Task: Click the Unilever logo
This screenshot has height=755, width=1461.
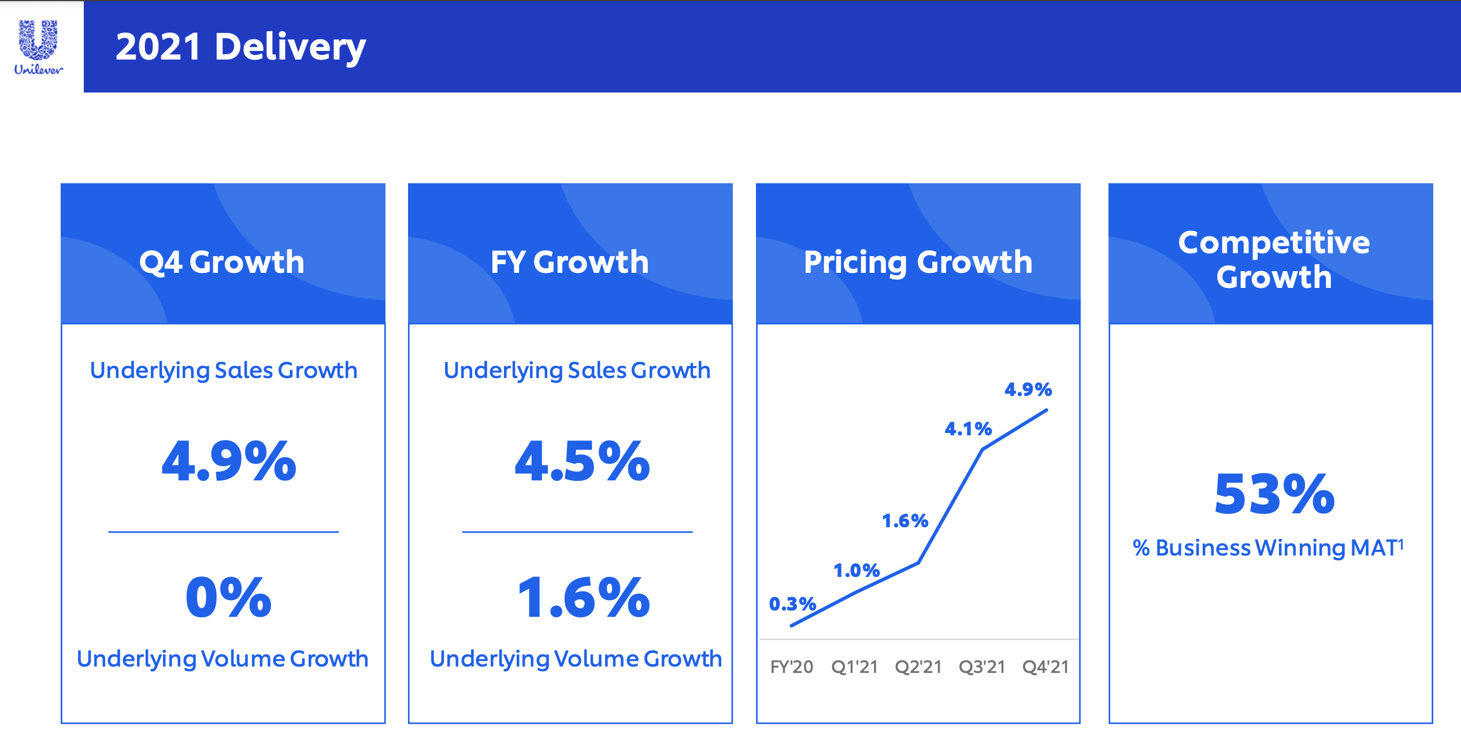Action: [x=38, y=47]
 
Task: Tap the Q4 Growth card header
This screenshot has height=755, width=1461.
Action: [x=223, y=261]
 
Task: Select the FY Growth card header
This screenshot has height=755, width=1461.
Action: [x=570, y=261]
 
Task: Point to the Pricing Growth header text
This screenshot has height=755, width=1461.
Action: [x=918, y=262]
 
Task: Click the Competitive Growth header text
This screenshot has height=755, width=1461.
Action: [x=1274, y=259]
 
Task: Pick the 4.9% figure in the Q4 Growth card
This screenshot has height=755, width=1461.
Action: [x=229, y=461]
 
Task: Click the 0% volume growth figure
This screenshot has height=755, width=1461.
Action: [x=229, y=597]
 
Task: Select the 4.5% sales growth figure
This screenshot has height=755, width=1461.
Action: [x=582, y=461]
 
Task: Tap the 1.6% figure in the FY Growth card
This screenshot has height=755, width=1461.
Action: [x=583, y=597]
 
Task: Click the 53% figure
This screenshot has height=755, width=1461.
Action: [x=1274, y=494]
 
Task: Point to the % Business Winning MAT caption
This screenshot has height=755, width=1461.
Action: [x=1268, y=547]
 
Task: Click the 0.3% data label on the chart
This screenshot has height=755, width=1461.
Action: [x=792, y=604]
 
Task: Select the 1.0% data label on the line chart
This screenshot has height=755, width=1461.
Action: [x=856, y=571]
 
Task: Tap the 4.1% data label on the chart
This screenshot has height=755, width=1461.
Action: [x=968, y=429]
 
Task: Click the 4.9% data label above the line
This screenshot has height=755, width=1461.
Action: [x=1028, y=390]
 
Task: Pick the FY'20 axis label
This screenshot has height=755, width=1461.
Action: [x=791, y=667]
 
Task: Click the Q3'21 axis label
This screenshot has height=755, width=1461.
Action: [x=982, y=667]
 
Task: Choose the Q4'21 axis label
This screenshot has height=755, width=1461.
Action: [x=1045, y=667]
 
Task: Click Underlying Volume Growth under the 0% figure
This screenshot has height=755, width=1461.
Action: [x=223, y=658]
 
